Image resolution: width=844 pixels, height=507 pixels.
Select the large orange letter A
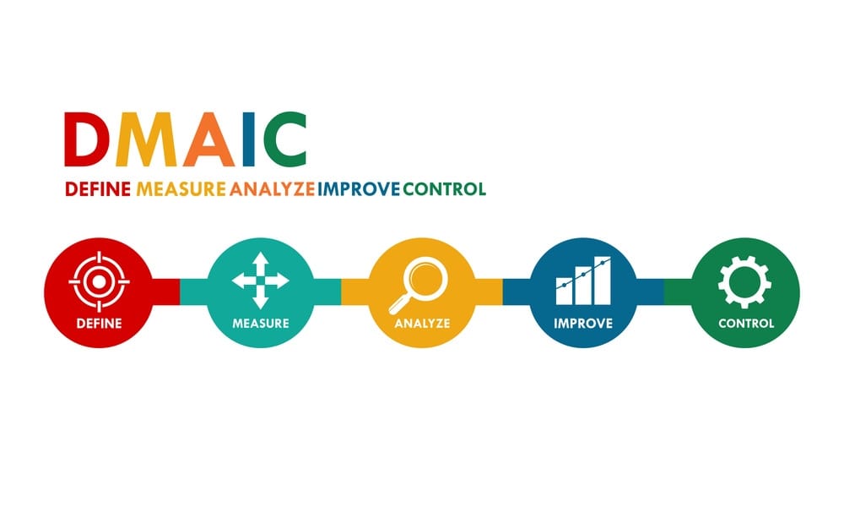[208, 139]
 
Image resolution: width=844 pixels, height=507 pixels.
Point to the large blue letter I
[248, 139]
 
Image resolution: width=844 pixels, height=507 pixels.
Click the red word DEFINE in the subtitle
[98, 189]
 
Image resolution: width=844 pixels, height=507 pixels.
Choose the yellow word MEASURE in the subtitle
[181, 189]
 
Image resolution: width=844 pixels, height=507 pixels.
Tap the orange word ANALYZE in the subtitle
[272, 189]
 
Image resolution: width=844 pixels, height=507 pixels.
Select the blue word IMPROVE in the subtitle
[359, 189]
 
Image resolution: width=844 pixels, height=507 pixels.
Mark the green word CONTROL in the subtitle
[445, 189]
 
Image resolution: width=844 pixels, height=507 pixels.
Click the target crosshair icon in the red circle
[99, 281]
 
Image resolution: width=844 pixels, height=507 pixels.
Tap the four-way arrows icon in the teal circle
[261, 281]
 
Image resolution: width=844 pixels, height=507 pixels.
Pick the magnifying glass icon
[419, 285]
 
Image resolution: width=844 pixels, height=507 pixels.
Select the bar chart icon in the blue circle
[583, 281]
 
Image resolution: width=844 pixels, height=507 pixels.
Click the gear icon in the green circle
[745, 281]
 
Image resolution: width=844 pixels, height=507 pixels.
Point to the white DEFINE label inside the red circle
[99, 324]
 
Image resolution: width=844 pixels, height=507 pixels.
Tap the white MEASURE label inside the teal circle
[261, 324]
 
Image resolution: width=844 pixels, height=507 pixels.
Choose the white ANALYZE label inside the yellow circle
[422, 324]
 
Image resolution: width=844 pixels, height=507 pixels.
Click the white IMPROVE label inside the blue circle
[583, 324]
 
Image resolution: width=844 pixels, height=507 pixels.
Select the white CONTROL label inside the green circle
[746, 324]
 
